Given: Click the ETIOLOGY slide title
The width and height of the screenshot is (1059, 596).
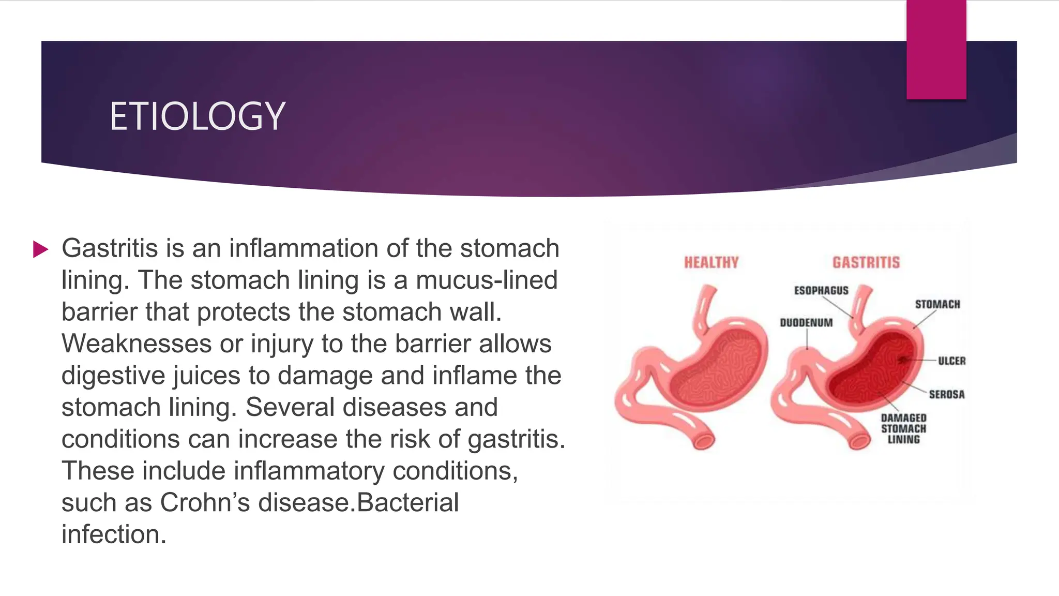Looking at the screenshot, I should point(197,116).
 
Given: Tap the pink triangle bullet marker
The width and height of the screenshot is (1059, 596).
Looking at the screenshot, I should point(40,249).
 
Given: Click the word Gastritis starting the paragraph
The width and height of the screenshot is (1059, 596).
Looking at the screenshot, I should point(110,248).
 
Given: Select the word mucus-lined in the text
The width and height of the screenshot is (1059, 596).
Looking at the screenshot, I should point(487,280).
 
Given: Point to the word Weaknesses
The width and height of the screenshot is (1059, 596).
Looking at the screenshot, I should point(137,344).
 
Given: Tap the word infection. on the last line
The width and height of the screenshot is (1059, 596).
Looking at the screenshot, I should point(114,534).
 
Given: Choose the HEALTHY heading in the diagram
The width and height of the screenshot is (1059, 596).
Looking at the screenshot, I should point(711,263).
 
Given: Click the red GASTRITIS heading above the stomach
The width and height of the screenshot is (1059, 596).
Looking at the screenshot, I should point(866,263).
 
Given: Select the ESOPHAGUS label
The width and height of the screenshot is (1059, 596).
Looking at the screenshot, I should point(821,291).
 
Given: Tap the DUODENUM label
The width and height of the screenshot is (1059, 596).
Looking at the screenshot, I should point(806,323).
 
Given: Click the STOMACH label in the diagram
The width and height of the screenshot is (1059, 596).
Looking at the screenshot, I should point(937,304).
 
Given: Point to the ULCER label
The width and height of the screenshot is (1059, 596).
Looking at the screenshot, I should point(952,361).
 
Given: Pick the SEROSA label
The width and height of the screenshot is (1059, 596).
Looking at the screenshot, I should point(947,394).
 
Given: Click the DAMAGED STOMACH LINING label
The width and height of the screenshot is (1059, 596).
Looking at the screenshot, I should point(903,428).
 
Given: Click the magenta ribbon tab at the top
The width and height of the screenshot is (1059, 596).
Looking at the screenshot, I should point(936,50).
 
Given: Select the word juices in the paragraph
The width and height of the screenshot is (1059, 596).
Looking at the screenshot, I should point(207,376).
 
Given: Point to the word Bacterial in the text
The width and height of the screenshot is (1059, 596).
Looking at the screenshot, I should point(408,502).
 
